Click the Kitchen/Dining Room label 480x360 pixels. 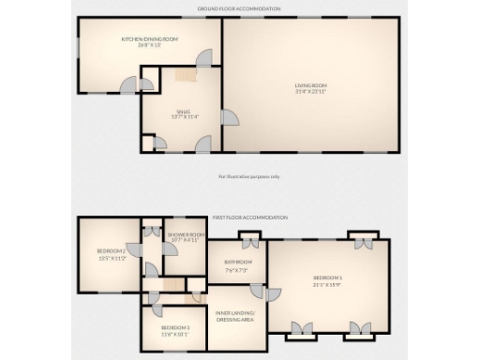(x=150, y=38)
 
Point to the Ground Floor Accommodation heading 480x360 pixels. (x=238, y=7)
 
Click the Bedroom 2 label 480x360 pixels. (x=111, y=250)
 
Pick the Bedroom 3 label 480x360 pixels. (x=174, y=326)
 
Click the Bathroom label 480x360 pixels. (x=238, y=262)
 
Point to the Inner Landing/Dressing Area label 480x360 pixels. (x=237, y=316)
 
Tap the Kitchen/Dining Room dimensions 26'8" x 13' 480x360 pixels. (x=150, y=45)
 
